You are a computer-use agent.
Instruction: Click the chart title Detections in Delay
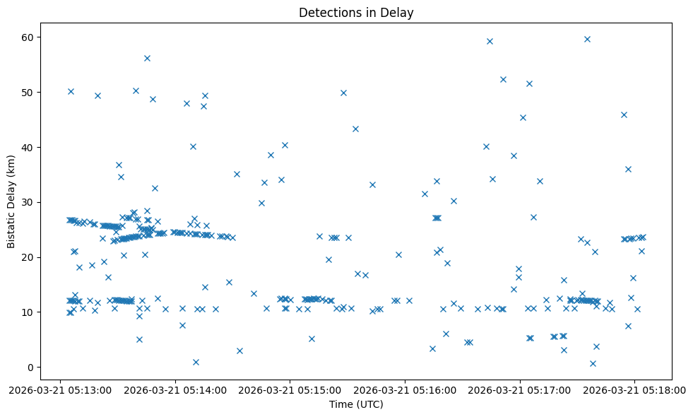356,13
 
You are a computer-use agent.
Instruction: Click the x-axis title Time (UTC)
356,404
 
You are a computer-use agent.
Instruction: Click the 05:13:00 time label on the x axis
61,389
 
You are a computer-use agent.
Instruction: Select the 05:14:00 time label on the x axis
176,389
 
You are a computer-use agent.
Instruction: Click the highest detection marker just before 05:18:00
587,39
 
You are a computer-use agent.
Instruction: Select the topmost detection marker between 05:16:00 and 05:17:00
490,41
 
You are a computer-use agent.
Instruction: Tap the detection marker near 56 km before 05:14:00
147,58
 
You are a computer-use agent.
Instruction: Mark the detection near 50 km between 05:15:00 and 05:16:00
343,93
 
